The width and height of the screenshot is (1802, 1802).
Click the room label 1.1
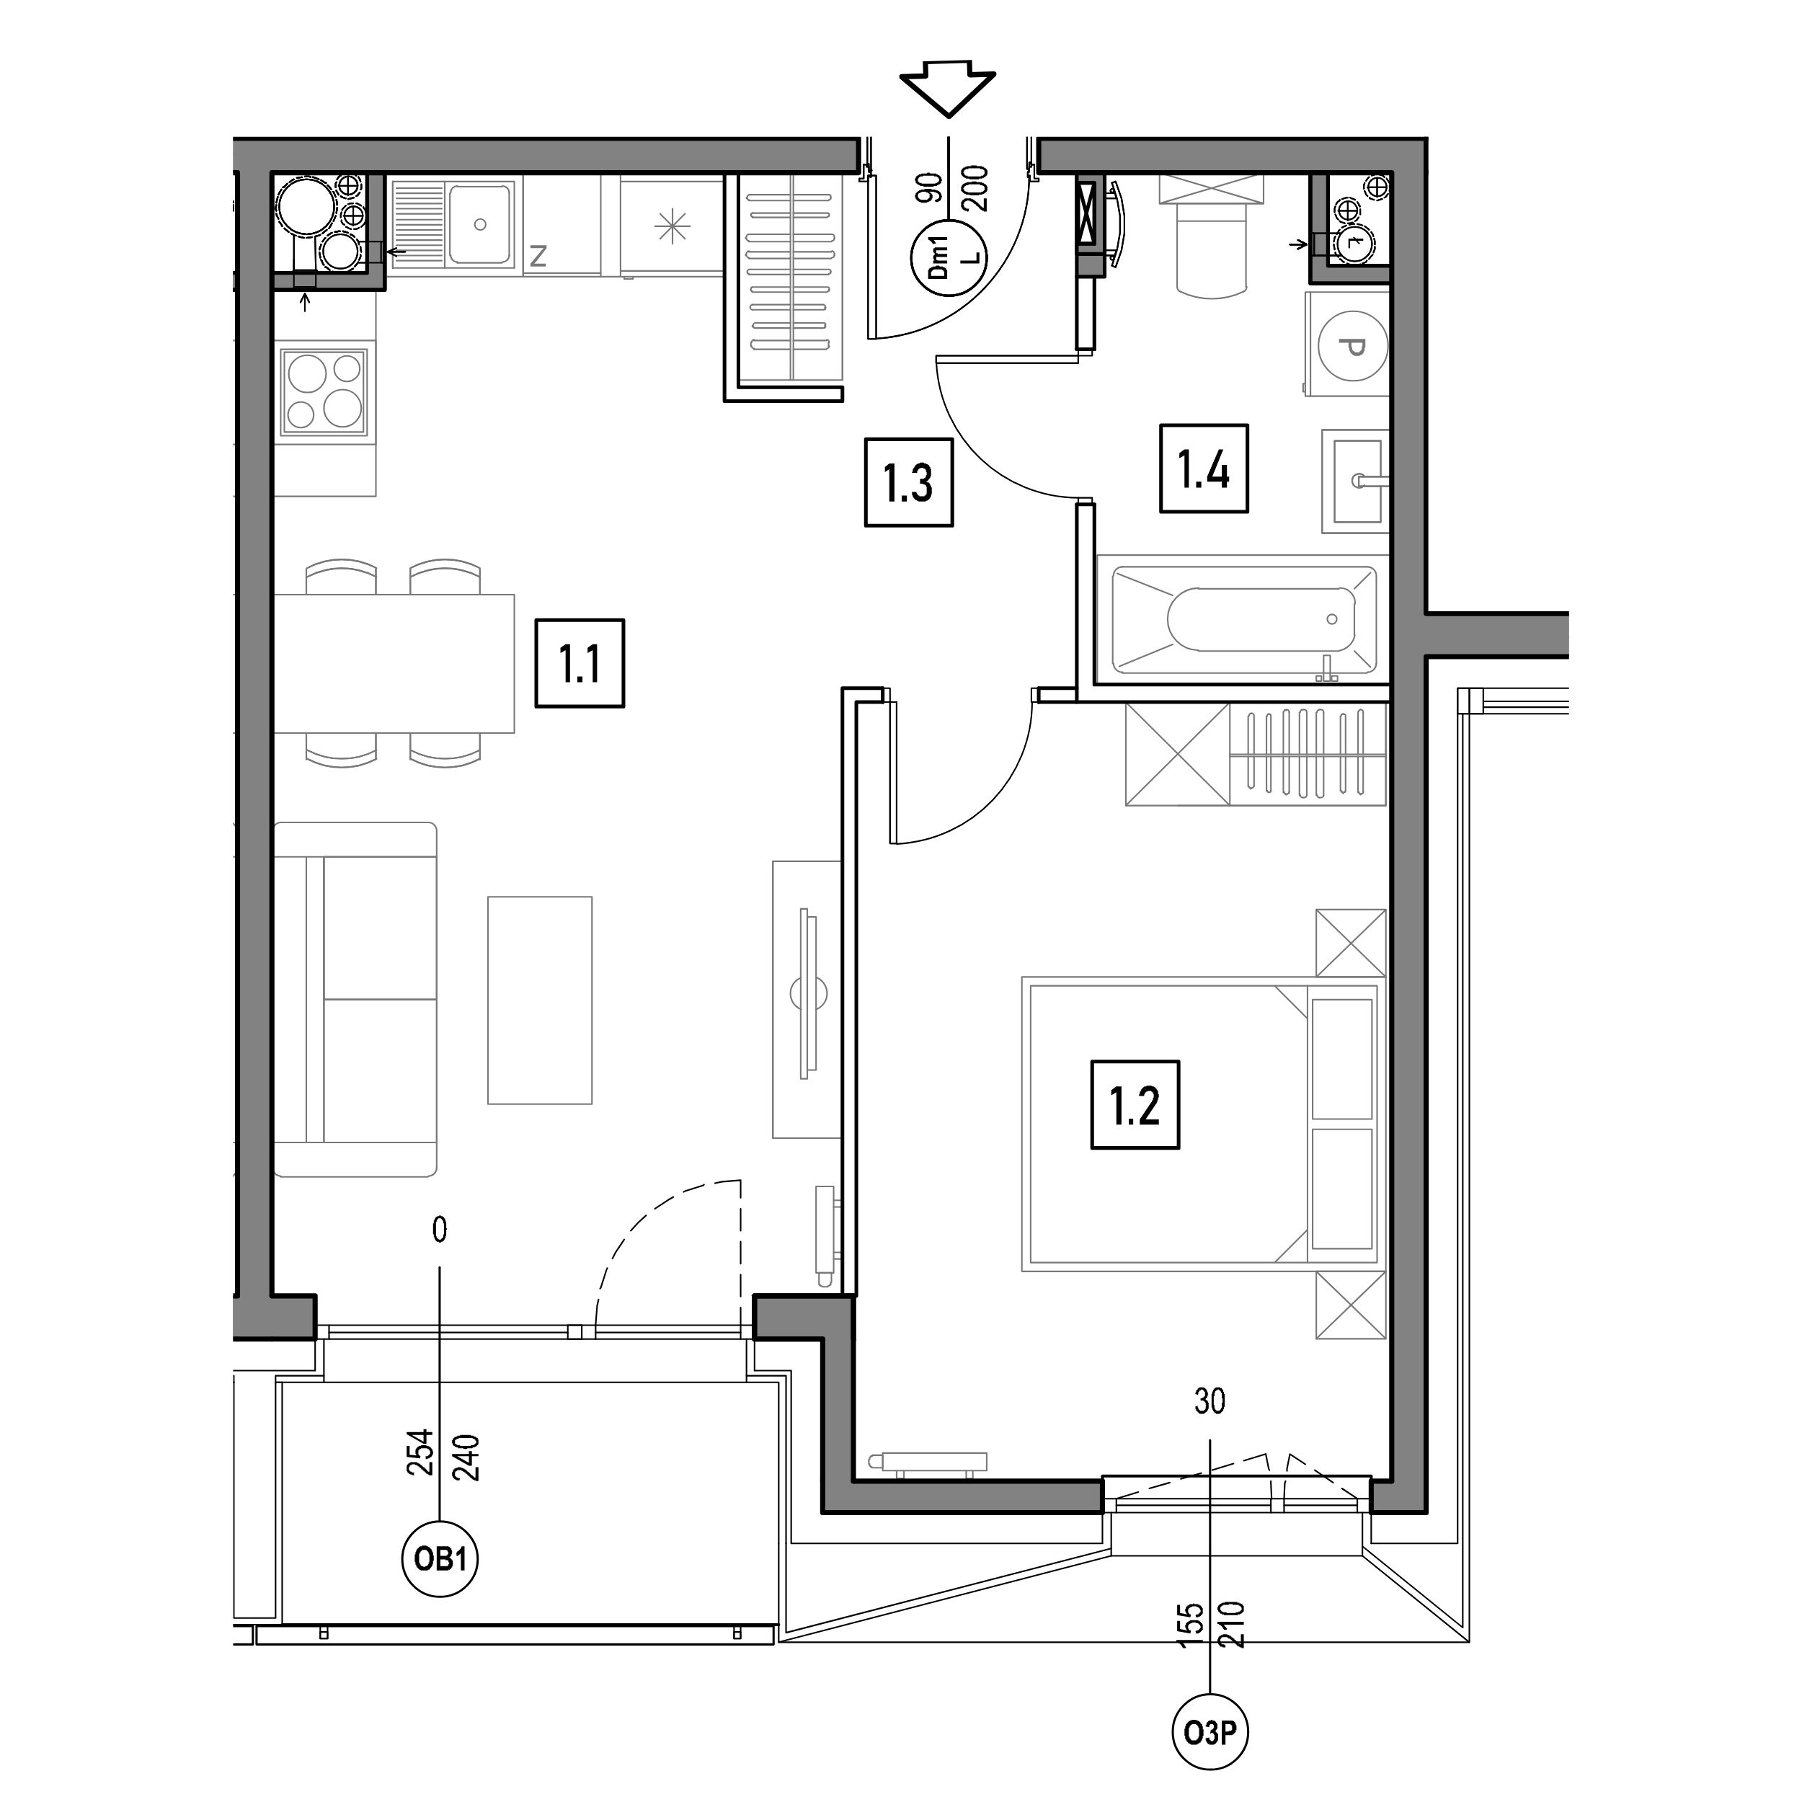click(580, 663)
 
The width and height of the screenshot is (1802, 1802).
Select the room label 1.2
click(1135, 1104)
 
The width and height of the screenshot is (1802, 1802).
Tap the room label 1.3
click(908, 482)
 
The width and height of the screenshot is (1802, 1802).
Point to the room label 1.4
click(1204, 469)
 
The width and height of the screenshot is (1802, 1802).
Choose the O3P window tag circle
click(1210, 1733)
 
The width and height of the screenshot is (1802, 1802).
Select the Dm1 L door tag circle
click(949, 258)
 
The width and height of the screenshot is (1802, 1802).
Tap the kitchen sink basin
click(479, 224)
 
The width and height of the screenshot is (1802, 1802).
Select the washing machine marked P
click(1348, 345)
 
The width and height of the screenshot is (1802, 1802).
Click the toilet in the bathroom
click(1212, 236)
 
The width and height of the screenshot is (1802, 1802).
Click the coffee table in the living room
click(540, 1000)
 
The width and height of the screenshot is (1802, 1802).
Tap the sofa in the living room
click(355, 999)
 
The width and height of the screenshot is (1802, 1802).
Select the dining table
click(394, 663)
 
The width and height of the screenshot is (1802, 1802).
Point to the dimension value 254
click(421, 1451)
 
